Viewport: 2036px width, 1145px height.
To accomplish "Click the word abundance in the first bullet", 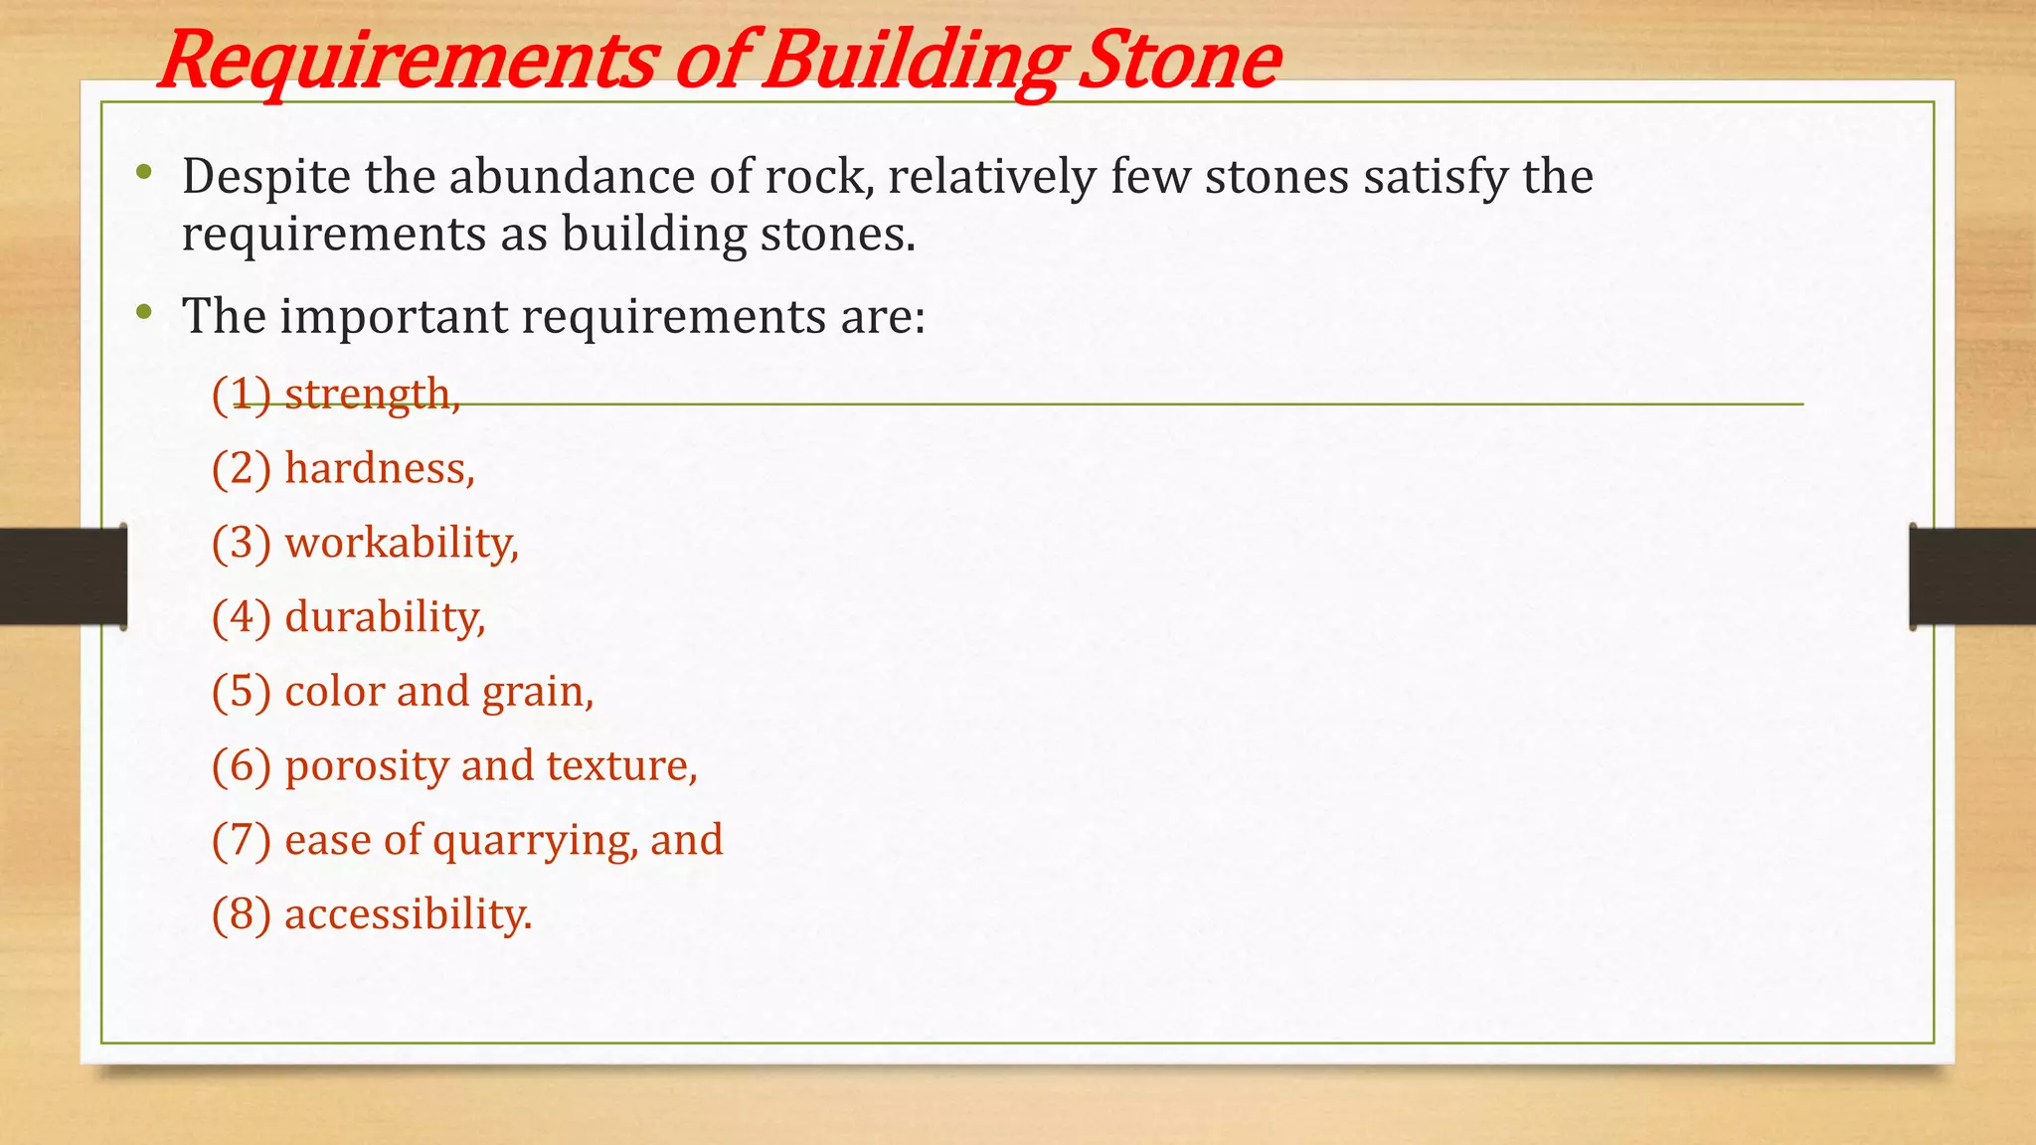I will (x=571, y=177).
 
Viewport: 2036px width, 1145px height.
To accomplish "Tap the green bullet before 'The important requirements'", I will (x=145, y=314).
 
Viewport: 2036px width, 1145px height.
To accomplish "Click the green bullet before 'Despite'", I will (x=145, y=174).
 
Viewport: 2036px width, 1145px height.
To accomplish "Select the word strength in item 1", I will (x=372, y=395).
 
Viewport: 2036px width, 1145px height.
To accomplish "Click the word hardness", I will (x=379, y=468).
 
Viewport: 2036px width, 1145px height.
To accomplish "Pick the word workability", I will (x=401, y=543).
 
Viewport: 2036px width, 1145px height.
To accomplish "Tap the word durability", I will (x=385, y=617).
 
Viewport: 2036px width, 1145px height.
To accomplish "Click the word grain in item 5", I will (x=537, y=692).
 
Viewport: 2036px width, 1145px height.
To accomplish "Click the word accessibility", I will (x=408, y=914).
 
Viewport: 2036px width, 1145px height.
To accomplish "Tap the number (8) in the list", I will (x=241, y=914).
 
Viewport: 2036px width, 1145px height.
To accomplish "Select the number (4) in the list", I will (x=241, y=617).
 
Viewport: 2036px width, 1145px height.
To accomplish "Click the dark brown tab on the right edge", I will (x=1972, y=576).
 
